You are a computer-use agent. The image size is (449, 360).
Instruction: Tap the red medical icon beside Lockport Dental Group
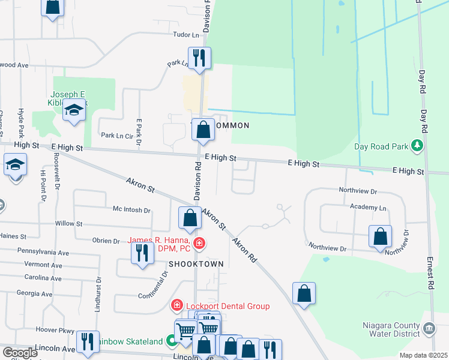tap(177, 305)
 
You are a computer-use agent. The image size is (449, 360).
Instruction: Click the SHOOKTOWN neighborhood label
tap(196, 264)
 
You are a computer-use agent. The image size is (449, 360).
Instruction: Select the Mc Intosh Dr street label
tap(131, 210)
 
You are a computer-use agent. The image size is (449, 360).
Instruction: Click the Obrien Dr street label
tap(106, 241)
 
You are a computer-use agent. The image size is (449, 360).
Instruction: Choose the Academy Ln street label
tap(369, 207)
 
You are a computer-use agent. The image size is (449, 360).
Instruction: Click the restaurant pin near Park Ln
tap(199, 58)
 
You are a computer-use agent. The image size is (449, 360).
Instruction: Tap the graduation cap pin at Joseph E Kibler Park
tap(74, 112)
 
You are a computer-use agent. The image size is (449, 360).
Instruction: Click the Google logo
tap(20, 353)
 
